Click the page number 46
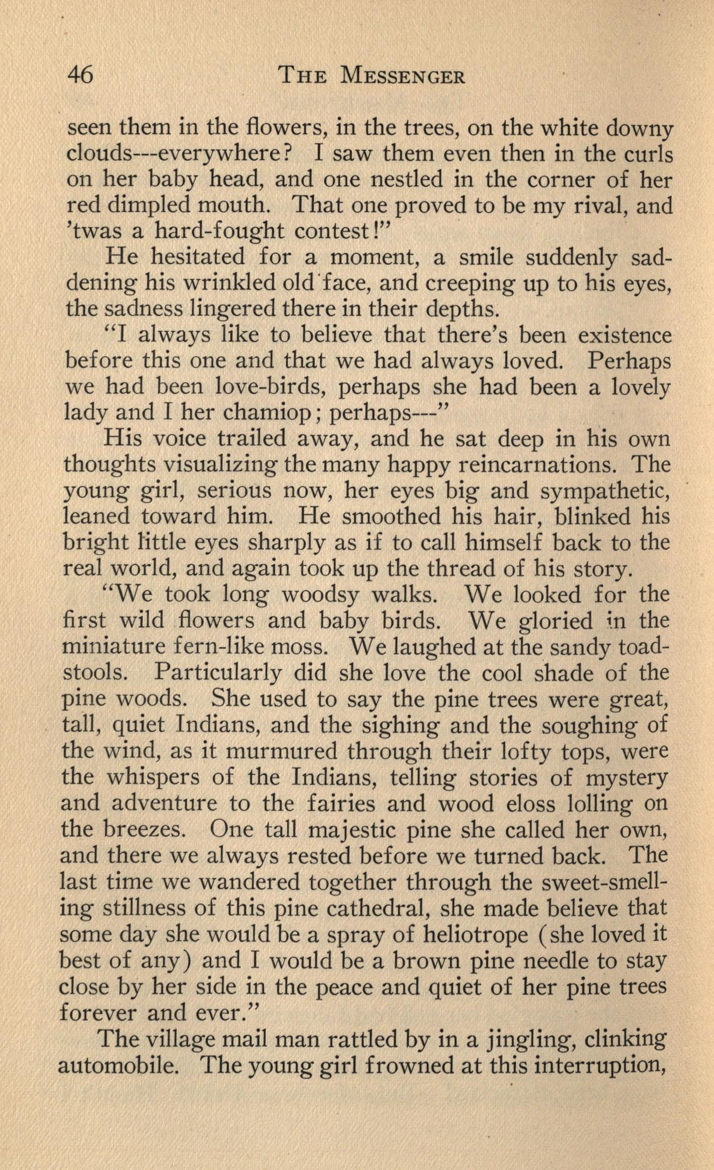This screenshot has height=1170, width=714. pyautogui.click(x=81, y=76)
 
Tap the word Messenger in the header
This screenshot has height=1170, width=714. pyautogui.click(x=402, y=76)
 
